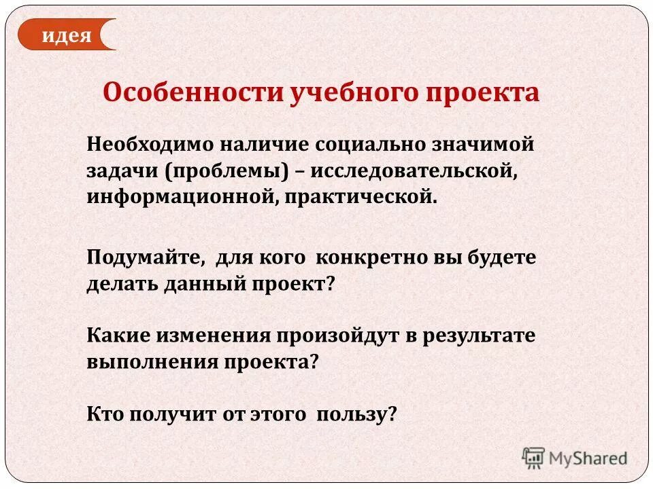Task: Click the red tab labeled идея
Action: point(66,35)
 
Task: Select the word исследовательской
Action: point(415,170)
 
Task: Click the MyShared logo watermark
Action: point(575,458)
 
